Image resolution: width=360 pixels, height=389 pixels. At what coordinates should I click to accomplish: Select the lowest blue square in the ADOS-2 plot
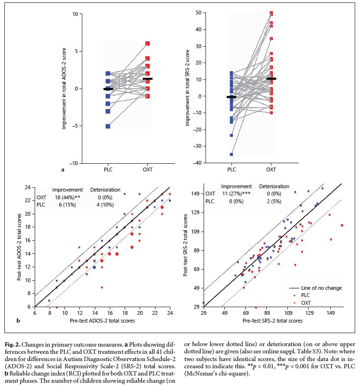[x=108, y=126]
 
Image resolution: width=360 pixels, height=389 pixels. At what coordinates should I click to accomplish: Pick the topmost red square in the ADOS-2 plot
[x=148, y=44]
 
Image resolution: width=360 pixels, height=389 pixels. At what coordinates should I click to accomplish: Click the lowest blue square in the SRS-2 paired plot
[x=231, y=155]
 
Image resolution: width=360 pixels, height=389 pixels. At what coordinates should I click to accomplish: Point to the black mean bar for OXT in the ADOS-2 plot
[x=148, y=78]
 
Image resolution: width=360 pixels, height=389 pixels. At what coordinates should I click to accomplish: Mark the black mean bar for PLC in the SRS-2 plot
[x=231, y=97]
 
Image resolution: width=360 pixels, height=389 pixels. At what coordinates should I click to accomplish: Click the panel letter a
[x=63, y=169]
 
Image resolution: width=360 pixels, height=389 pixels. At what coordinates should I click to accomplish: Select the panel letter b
[x=19, y=320]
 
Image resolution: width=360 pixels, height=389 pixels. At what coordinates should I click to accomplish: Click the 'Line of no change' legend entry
[x=320, y=287]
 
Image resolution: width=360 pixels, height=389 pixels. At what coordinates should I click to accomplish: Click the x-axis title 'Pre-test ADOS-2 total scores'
[x=102, y=320]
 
